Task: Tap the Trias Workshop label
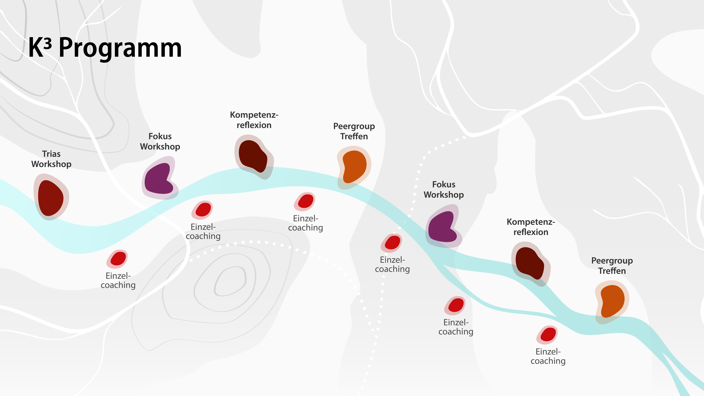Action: pos(51,159)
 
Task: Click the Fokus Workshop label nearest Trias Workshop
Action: pos(160,141)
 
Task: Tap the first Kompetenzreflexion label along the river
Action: pos(254,120)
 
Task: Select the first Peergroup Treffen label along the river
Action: pos(354,131)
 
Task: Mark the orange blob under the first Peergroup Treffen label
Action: pos(354,166)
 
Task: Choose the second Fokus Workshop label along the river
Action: pos(444,190)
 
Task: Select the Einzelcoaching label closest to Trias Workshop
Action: pos(118,280)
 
